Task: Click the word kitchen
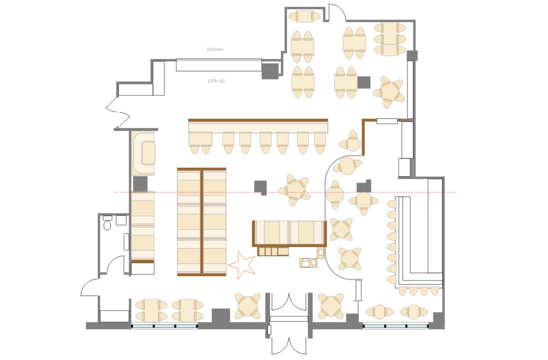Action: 215,49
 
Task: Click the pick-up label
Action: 216,80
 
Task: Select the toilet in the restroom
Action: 107,225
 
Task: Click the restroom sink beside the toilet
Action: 121,220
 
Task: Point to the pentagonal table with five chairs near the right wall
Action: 389,92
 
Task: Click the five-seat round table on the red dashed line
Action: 294,190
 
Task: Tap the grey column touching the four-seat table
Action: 364,83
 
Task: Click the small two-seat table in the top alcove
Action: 305,16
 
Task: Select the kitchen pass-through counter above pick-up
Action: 219,65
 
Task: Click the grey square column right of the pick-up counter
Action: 270,71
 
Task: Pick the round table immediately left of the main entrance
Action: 248,306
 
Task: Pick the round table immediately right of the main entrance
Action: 331,306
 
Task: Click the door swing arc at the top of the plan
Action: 339,9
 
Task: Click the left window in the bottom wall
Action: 164,326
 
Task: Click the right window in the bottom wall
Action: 395,326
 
